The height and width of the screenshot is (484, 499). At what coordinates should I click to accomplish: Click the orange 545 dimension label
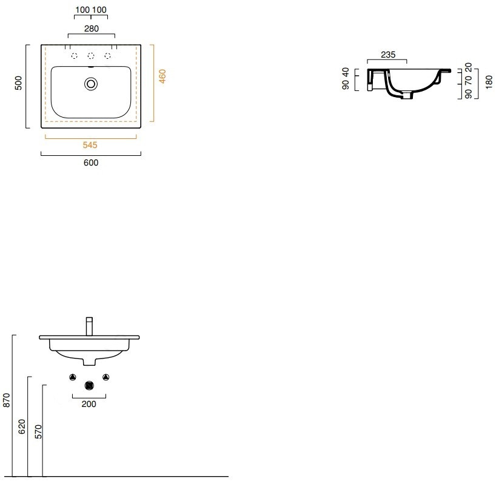90,145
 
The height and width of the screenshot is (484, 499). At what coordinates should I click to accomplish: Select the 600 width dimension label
91,163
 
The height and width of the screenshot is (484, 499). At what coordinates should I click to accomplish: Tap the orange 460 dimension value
162,76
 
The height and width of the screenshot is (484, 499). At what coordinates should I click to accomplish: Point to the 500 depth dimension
18,82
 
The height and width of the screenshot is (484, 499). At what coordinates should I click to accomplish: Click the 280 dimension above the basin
92,29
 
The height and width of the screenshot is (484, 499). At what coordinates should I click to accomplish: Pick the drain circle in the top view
91,84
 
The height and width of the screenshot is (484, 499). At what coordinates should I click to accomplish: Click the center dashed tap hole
91,56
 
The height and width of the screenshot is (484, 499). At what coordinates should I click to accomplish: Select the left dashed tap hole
75,56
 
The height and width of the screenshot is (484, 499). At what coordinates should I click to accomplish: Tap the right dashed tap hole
107,56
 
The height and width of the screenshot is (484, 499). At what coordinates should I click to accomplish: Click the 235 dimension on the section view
388,55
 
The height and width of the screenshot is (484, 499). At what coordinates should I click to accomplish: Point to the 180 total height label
489,82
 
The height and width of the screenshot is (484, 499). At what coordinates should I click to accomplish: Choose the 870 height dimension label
6,400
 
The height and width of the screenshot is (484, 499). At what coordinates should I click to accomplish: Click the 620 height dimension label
22,426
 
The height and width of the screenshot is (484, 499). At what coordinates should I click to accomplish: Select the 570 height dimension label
38,431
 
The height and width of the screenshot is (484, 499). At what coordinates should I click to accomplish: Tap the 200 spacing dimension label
89,404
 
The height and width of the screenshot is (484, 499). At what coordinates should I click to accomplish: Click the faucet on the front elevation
89,326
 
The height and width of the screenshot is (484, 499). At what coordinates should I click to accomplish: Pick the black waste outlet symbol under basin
89,386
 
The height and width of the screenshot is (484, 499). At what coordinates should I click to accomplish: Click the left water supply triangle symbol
73,377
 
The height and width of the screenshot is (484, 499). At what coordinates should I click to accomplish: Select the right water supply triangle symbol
106,377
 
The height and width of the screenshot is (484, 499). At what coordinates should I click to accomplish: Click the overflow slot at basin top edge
91,67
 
